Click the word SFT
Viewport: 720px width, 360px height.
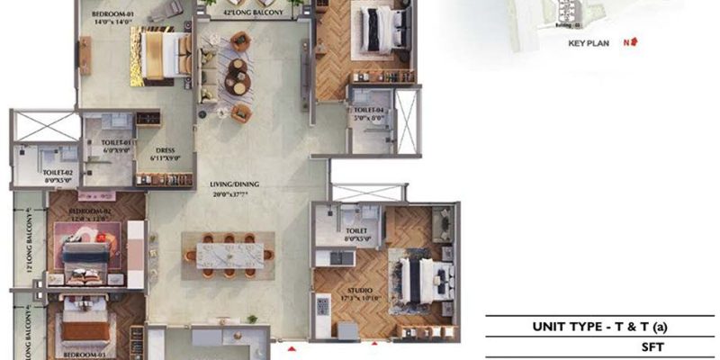601,345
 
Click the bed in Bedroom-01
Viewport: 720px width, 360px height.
158,55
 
